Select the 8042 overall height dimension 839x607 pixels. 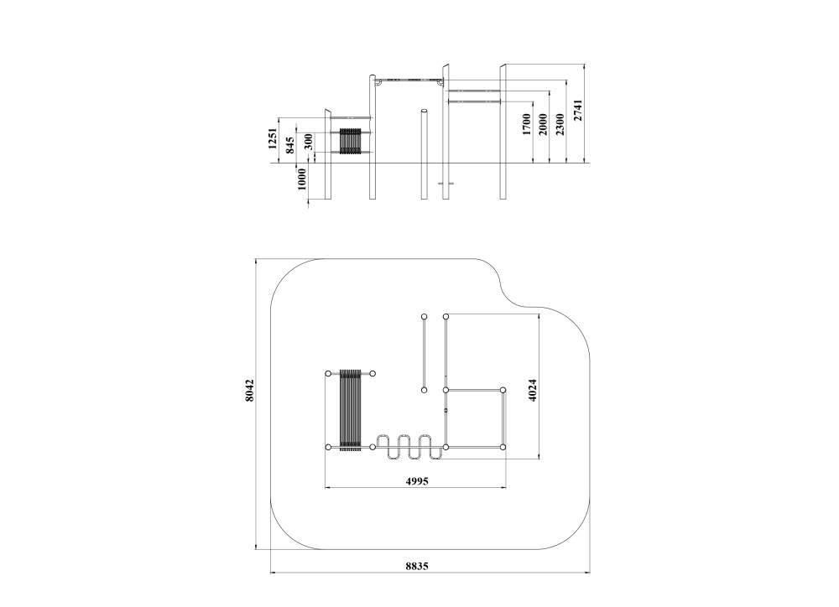tap(249, 392)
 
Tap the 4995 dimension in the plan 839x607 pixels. tap(417, 481)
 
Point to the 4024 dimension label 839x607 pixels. tap(531, 392)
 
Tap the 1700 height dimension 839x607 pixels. tap(526, 124)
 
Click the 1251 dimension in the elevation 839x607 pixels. tap(273, 139)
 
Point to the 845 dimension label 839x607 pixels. tap(290, 145)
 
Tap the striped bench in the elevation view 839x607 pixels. tap(351, 140)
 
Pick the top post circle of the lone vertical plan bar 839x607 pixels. tap(425, 317)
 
